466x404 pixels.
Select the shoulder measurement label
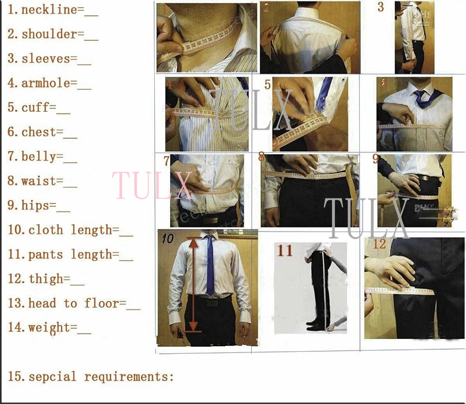pyautogui.click(x=49, y=34)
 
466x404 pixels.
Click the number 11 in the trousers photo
pyautogui.click(x=285, y=251)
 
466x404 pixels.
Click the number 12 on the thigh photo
pyautogui.click(x=379, y=244)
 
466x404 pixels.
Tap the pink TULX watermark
pyautogui.click(x=152, y=185)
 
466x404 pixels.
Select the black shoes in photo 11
pyautogui.click(x=316, y=324)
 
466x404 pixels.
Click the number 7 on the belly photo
pyautogui.click(x=167, y=161)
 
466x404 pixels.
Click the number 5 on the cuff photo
pyautogui.click(x=267, y=85)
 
